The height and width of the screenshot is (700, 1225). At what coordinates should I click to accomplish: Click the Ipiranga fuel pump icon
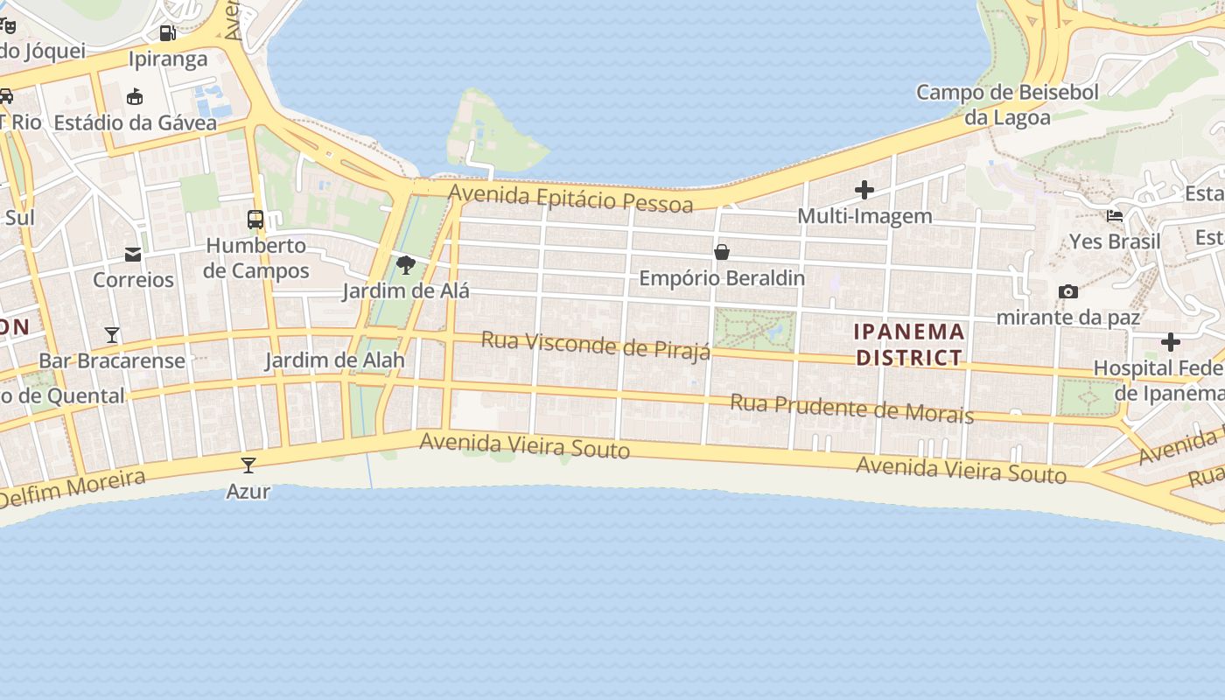click(167, 33)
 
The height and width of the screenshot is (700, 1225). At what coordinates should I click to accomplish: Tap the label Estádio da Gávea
click(135, 122)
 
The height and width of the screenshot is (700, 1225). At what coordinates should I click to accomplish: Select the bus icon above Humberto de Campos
click(255, 220)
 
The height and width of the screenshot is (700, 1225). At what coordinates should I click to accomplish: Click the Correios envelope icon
click(133, 255)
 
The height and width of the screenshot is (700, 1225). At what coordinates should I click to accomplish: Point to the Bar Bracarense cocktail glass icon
click(112, 334)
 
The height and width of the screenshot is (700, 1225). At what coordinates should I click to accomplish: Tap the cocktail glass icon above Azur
click(248, 465)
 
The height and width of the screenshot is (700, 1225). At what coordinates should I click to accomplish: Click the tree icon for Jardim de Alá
click(405, 264)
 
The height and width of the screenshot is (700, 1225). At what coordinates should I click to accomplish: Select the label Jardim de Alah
click(335, 360)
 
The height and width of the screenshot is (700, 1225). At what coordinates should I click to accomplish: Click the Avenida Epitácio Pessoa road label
click(570, 198)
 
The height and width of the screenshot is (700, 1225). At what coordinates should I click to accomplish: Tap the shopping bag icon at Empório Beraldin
click(722, 253)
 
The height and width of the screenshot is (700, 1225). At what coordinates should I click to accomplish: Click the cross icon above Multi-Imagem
click(864, 190)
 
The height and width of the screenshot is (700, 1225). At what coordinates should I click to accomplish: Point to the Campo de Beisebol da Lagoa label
click(1007, 104)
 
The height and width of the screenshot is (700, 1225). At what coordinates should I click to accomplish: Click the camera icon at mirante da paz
click(1067, 291)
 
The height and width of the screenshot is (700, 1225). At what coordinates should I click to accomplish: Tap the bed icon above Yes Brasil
click(1115, 215)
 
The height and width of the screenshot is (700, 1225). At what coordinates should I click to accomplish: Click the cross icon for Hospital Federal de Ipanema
click(1171, 341)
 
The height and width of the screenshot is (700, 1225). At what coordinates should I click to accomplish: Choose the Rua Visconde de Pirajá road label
click(596, 345)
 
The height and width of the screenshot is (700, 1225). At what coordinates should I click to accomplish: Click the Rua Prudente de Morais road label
click(851, 409)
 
